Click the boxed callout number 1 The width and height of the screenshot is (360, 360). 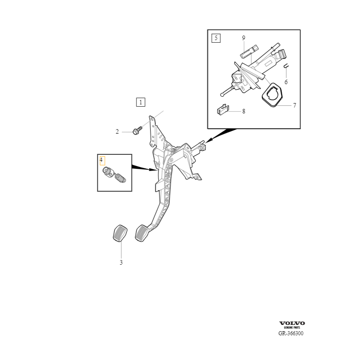point(141,102)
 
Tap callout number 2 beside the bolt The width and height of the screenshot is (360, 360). point(117,132)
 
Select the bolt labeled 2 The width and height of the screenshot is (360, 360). point(137,130)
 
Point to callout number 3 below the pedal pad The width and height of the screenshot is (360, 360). point(121,262)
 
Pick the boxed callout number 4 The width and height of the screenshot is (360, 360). point(101,160)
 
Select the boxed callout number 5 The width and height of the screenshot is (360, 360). point(216,38)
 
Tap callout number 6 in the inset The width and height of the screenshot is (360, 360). point(286,82)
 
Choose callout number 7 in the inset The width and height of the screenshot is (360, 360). point(294,106)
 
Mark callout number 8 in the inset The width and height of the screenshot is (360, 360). point(243,111)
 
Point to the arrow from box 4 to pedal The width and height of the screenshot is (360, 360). point(144,168)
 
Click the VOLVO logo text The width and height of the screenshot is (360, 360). point(292,323)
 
